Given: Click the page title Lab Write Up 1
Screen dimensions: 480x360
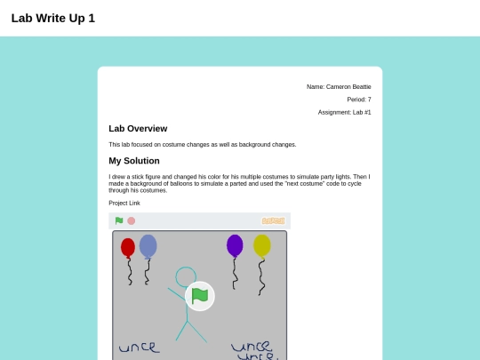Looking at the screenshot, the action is pos(53,19).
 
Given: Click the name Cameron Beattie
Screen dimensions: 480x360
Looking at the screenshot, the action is pos(348,87).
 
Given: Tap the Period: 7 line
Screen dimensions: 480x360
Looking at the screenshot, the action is pos(359,100).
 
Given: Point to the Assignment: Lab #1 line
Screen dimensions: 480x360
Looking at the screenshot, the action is pos(344,112).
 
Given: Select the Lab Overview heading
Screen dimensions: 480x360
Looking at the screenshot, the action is pos(138,129).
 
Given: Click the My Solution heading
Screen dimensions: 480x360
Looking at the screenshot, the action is pos(134,161).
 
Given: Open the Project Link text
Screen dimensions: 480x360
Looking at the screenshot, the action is pos(124,203).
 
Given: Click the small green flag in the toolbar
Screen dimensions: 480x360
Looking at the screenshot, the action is pos(119,220).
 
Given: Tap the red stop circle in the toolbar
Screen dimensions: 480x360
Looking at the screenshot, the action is pos(132,221).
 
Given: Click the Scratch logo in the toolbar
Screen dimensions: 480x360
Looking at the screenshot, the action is pos(274,221).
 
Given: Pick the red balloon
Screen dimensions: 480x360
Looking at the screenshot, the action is pos(128,248).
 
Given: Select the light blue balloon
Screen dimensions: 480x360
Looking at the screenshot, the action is pos(148,246).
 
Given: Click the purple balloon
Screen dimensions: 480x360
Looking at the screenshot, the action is pos(235,246).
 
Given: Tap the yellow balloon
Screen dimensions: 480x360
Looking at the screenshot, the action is pos(262,246).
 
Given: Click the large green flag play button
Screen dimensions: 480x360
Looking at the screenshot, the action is pos(200,296).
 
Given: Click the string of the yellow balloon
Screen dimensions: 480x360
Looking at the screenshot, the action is pos(260,277).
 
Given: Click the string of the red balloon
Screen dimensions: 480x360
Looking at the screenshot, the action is pos(130,272).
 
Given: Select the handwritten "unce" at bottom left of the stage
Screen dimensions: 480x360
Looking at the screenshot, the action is pos(140,348).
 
